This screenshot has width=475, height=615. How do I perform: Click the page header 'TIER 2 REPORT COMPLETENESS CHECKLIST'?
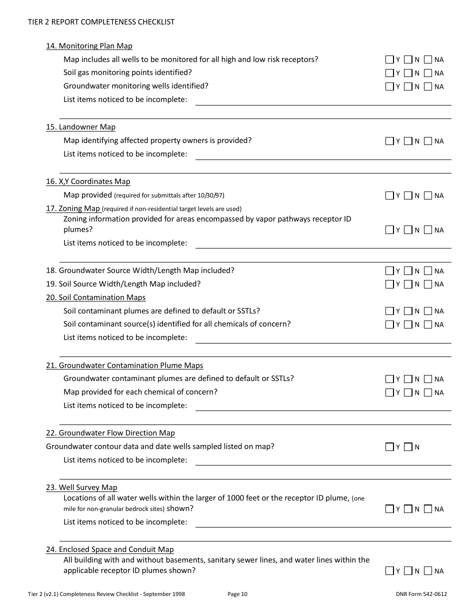[101, 22]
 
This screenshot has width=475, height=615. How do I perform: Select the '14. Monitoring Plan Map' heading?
[89, 46]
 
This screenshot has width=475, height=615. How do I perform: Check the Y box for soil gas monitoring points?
[389, 73]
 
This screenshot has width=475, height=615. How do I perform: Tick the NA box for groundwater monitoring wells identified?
[428, 86]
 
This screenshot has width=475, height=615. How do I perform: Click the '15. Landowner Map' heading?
[80, 127]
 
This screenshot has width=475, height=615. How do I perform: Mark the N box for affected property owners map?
[408, 141]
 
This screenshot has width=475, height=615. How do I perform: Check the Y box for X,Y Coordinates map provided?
[389, 195]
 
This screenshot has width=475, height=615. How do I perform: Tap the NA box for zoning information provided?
[428, 230]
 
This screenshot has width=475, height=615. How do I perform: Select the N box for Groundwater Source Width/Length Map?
[408, 271]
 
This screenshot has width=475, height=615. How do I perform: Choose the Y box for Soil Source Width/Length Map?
[389, 284]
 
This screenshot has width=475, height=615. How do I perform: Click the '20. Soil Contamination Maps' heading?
[95, 297]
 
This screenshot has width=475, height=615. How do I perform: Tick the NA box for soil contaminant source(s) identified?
[428, 324]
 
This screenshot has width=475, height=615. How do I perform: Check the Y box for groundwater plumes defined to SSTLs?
[389, 379]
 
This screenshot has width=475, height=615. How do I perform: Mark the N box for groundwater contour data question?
[408, 447]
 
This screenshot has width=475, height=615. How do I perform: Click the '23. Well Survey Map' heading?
[81, 487]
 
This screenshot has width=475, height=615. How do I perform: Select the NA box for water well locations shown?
[428, 509]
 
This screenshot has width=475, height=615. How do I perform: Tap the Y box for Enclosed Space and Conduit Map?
[389, 571]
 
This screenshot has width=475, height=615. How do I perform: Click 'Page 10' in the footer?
[237, 594]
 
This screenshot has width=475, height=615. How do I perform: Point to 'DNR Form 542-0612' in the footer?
[420, 594]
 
